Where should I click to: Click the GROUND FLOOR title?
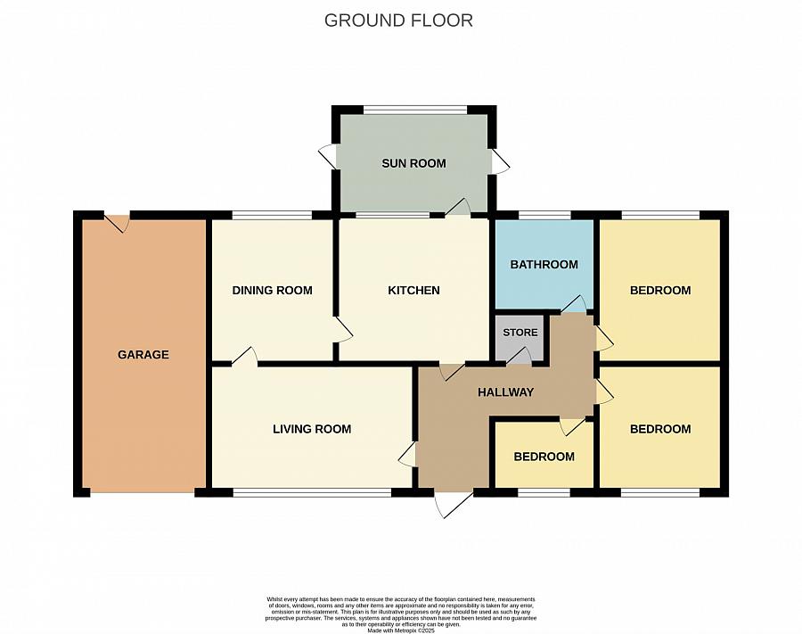(x=398, y=20)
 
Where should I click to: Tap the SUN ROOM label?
(x=413, y=163)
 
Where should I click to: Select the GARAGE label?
(x=143, y=355)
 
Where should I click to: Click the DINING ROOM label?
(x=272, y=291)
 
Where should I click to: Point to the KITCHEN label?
(x=413, y=291)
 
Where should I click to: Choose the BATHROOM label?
(x=544, y=265)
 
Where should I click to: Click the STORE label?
(x=520, y=333)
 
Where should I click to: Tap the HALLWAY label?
(x=505, y=392)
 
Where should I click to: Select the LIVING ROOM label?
(x=312, y=429)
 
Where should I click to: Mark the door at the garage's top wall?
(x=117, y=222)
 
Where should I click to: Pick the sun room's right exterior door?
(x=500, y=161)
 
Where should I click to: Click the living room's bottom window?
(x=311, y=492)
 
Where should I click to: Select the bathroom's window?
(x=544, y=215)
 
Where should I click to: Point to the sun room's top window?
(x=414, y=111)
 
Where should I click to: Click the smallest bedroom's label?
(x=544, y=457)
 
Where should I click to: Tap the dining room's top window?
(x=272, y=215)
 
